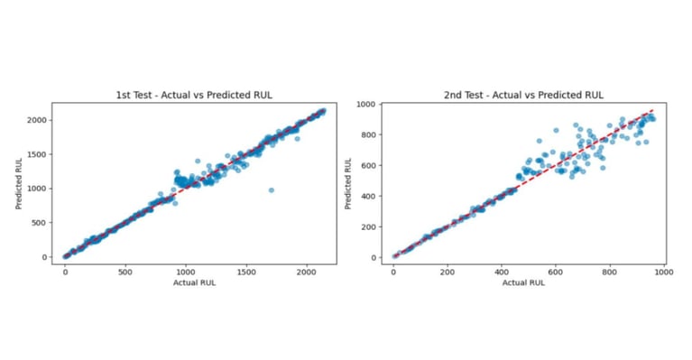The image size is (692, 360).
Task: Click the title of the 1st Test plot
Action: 194,95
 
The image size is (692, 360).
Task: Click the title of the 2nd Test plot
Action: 523,95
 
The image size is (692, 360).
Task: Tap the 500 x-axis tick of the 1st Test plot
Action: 125,271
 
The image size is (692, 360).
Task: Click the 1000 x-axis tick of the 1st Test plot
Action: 186,271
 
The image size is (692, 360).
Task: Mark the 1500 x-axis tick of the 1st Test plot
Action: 246,271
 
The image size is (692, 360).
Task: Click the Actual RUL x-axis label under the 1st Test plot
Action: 194,282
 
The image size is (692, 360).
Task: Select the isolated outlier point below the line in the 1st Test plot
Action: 271,189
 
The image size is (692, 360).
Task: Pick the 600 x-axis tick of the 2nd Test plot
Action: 557,271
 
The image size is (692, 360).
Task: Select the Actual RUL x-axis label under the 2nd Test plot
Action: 523,282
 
